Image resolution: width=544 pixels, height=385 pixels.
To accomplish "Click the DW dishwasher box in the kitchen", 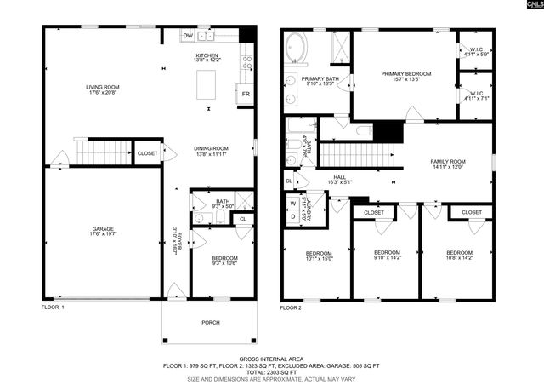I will coord(187,37).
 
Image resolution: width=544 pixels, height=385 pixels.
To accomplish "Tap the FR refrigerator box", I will coord(246,94).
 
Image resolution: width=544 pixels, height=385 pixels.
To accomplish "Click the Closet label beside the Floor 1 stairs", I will coord(147,153).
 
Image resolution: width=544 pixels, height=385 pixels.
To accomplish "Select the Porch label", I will coord(209,321).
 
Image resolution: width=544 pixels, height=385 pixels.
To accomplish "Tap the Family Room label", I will coord(447,164).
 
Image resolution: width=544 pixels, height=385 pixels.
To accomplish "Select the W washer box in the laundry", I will coord(292,204).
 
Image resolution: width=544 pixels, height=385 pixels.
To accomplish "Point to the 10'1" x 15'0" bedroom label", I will coord(315,256).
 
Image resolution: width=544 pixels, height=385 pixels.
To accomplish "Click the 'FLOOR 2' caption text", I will coord(292,307).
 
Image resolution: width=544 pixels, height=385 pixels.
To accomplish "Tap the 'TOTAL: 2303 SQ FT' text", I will coord(272,372).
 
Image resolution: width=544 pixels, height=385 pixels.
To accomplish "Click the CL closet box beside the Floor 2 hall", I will coord(289,181).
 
